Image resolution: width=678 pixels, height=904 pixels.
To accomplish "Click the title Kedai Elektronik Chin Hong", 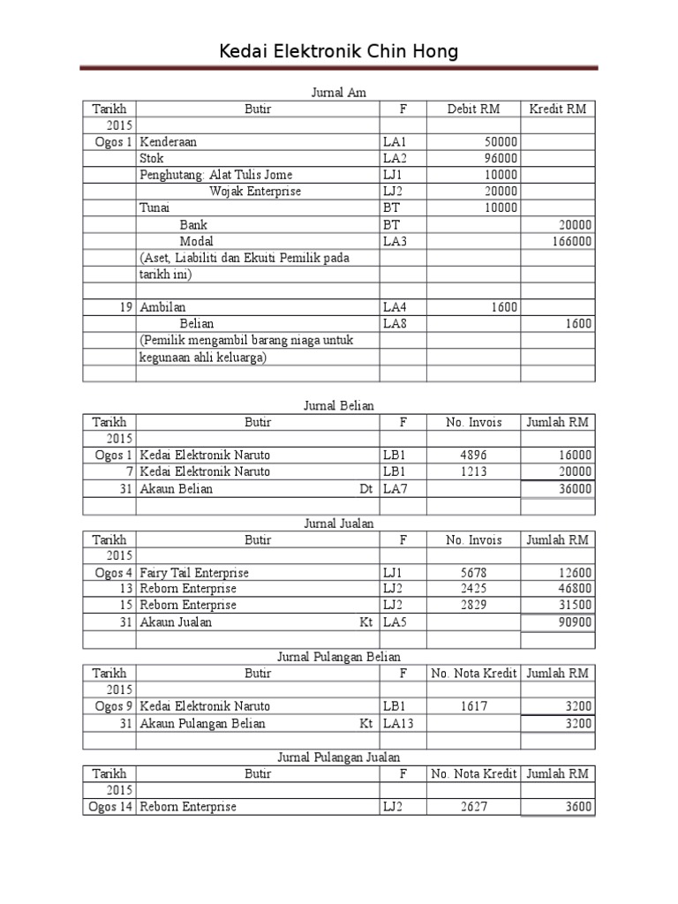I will coord(339,52).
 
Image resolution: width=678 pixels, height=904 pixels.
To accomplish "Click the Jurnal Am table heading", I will coord(339,92).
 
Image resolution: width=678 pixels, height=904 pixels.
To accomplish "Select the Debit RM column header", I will coord(473,109).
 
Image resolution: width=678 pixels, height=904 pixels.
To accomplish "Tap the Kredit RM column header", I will coord(557,109).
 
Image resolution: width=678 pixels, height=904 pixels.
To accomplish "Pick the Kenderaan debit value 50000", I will coord(501,141).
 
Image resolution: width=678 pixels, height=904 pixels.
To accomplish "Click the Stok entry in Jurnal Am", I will coord(152,158).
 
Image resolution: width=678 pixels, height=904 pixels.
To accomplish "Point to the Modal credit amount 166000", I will coord(572,241).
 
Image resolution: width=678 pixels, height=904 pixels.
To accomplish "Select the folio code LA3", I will coord(395,241).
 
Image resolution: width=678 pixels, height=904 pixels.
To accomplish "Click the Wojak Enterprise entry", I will coord(255,192).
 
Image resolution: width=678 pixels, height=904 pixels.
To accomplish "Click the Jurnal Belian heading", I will coord(339,405).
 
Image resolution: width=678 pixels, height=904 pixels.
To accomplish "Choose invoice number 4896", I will coord(473,456).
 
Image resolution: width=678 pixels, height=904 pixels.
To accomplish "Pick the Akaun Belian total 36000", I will coord(575,489).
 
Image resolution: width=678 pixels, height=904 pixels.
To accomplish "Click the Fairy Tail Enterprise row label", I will coord(194,573).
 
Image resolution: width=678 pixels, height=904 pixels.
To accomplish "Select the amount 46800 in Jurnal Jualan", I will coord(575,589).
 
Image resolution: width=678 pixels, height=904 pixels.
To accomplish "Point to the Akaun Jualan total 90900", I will coord(575,622).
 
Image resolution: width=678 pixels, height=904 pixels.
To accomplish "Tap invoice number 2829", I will coord(473,606).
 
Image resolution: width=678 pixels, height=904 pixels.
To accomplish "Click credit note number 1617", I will coord(473,706).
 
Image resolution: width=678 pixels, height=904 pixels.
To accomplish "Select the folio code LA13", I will coord(398,723).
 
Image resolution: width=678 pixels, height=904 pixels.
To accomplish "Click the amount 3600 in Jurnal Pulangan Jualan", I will coord(578,807).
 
